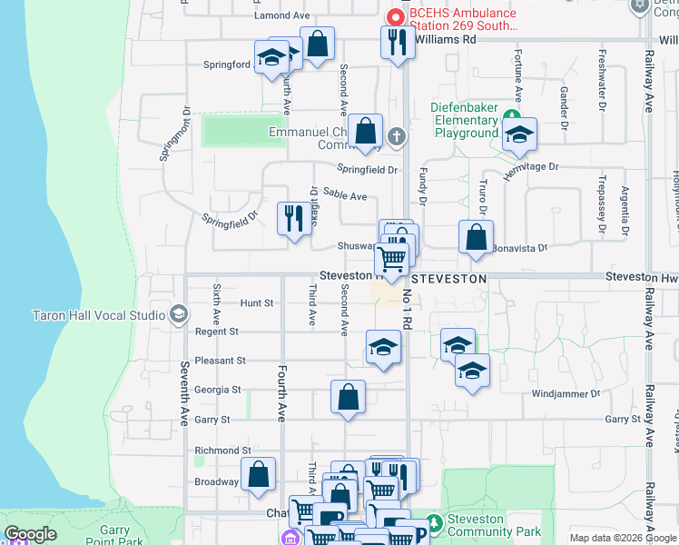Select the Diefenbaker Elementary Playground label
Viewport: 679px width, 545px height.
(x=464, y=120)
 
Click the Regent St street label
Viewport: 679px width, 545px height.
(x=216, y=332)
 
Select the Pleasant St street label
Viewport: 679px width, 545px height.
(x=221, y=361)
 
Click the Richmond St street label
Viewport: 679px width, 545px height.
(x=222, y=451)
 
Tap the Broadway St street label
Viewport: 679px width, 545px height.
(x=217, y=482)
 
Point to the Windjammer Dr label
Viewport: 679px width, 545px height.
(x=566, y=393)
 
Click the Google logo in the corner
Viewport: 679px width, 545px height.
(x=31, y=534)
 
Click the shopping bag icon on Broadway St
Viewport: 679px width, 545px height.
(x=258, y=474)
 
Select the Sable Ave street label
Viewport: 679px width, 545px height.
(x=345, y=195)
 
